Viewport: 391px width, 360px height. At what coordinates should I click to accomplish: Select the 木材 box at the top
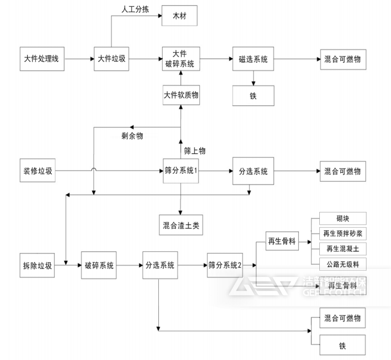[x=180, y=16]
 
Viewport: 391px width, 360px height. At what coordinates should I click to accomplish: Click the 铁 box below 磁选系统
[x=253, y=96]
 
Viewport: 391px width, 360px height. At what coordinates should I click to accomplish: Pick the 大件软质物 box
[x=180, y=95]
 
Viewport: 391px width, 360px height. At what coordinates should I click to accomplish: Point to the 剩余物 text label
[x=133, y=136]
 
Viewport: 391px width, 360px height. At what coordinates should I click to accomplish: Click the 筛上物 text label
[x=195, y=151]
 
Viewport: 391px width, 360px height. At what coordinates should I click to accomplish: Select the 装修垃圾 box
[x=38, y=171]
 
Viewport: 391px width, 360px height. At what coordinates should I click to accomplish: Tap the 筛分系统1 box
[x=180, y=171]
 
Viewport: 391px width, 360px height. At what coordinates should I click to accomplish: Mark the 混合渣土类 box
[x=180, y=226]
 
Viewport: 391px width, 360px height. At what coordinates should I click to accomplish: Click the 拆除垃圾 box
[x=38, y=265]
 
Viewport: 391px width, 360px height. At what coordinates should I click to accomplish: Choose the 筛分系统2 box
[x=224, y=265]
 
